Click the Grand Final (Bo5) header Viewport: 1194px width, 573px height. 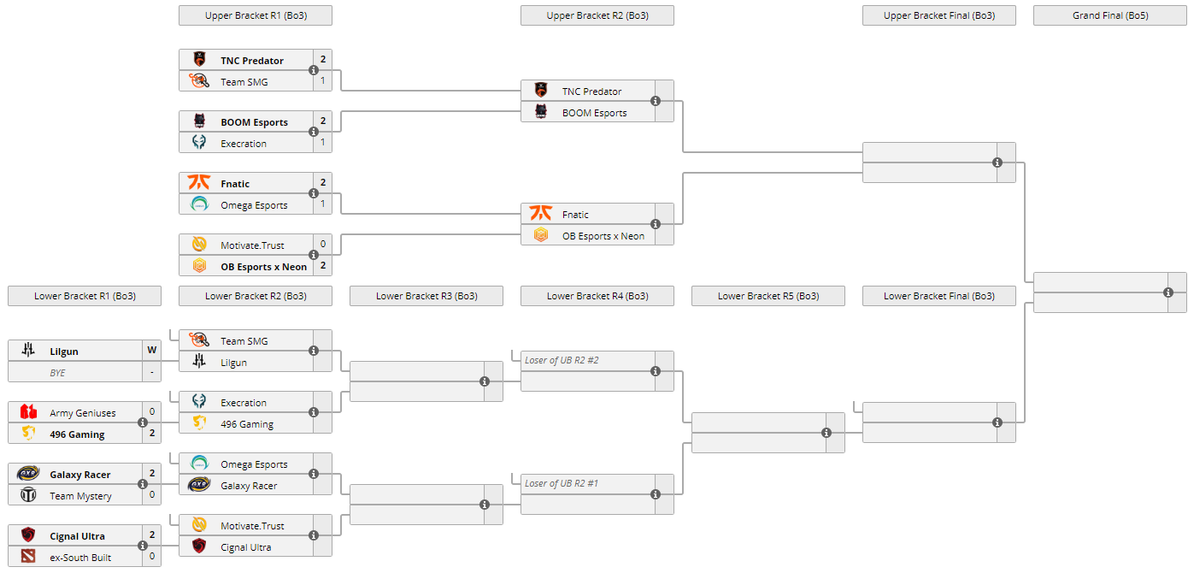point(1109,15)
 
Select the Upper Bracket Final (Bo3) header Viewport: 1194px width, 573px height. point(938,15)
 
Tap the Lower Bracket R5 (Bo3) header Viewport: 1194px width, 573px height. point(768,296)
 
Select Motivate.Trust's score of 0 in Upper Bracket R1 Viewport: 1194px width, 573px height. point(323,245)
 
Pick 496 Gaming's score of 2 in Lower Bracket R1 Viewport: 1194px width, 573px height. point(152,434)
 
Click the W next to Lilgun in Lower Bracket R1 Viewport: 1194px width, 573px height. point(152,351)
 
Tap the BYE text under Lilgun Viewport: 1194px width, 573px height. point(57,373)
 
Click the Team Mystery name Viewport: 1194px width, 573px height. point(80,496)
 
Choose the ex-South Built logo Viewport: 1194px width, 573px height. point(28,557)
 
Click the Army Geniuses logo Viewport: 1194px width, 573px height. point(28,412)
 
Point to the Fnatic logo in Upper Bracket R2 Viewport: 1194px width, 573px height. point(541,214)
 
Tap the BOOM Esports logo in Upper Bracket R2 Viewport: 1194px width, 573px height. point(541,112)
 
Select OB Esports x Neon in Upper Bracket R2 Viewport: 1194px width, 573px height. point(603,236)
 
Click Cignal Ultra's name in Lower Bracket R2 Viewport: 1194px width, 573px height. point(247,547)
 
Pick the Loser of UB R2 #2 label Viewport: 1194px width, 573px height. point(562,360)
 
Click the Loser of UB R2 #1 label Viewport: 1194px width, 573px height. point(562,483)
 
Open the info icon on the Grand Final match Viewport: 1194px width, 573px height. point(1168,292)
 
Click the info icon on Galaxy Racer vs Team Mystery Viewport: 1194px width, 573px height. point(143,484)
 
